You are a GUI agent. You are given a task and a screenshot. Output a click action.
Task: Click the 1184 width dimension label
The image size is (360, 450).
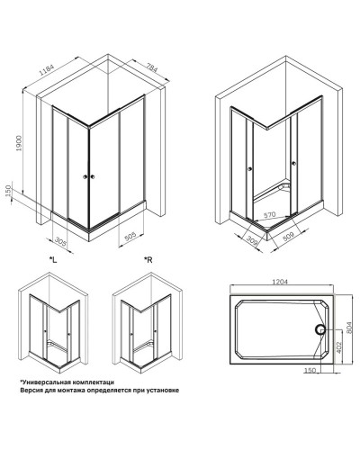click(x=47, y=71)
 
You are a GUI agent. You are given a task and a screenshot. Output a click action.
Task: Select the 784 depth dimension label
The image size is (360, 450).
click(x=152, y=67)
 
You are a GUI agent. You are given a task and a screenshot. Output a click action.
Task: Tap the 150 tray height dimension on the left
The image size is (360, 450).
click(x=8, y=191)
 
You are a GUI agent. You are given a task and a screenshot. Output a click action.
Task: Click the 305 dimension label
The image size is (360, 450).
click(x=60, y=241)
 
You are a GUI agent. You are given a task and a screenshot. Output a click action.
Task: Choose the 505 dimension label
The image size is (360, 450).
click(x=130, y=237)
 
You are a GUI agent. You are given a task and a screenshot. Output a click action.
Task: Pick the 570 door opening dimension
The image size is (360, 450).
click(x=269, y=215)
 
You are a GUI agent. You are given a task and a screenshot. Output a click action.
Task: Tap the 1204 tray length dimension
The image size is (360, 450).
click(x=280, y=282)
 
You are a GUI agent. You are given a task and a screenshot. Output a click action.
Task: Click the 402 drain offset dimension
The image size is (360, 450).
click(x=338, y=346)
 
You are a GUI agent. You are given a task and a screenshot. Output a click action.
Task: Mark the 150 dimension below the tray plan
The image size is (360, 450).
click(x=310, y=371)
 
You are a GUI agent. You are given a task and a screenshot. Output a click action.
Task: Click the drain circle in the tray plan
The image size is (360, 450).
click(x=319, y=330)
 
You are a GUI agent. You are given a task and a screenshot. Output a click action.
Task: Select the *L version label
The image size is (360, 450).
click(x=53, y=260)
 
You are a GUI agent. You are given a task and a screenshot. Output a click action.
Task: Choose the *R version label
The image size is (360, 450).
click(x=148, y=260)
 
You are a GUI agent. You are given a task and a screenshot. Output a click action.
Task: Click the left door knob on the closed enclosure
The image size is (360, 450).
click(x=85, y=177)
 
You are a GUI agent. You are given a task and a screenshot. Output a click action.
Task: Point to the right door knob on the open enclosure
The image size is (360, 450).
click(x=293, y=163)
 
